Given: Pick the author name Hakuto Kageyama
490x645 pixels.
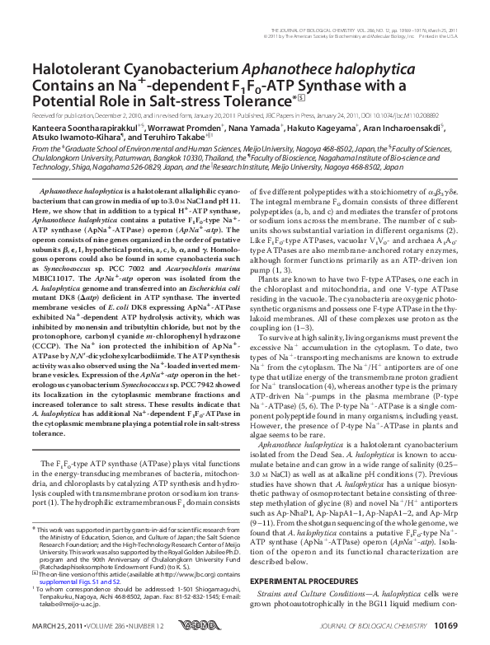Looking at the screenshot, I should [313, 129].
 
